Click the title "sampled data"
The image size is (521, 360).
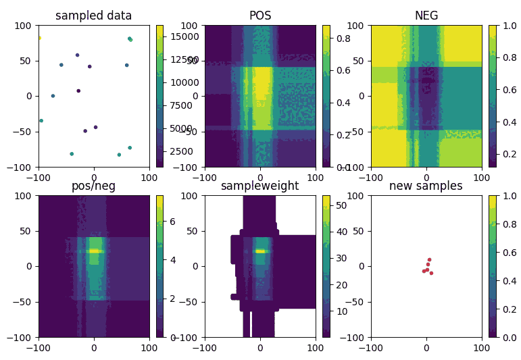(x=94, y=16)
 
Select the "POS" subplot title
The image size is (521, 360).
(x=260, y=16)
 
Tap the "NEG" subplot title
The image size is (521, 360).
(x=426, y=16)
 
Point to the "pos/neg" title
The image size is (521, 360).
(x=94, y=186)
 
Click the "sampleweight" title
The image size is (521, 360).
(x=260, y=186)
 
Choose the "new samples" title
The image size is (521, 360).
(x=426, y=186)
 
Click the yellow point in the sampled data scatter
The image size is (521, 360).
(x=39, y=38)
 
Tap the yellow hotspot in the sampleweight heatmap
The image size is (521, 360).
(x=260, y=251)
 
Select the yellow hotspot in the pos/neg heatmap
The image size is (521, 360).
(x=94, y=251)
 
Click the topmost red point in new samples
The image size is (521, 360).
(x=429, y=259)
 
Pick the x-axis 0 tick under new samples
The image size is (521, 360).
(x=426, y=348)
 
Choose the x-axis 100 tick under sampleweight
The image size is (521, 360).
(x=316, y=348)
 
